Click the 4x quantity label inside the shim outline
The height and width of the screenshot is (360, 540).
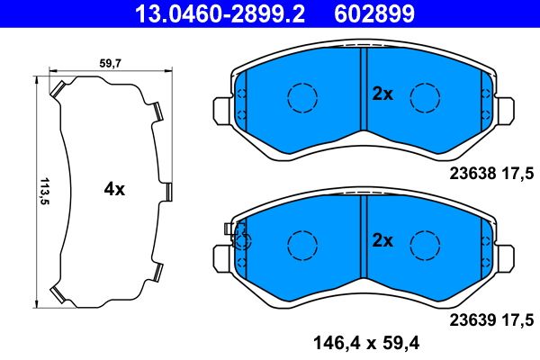113,190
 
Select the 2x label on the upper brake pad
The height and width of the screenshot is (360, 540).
382,94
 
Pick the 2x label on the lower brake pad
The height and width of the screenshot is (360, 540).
382,240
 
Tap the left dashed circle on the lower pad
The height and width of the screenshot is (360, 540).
302,242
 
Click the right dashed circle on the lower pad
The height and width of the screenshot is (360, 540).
424,242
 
